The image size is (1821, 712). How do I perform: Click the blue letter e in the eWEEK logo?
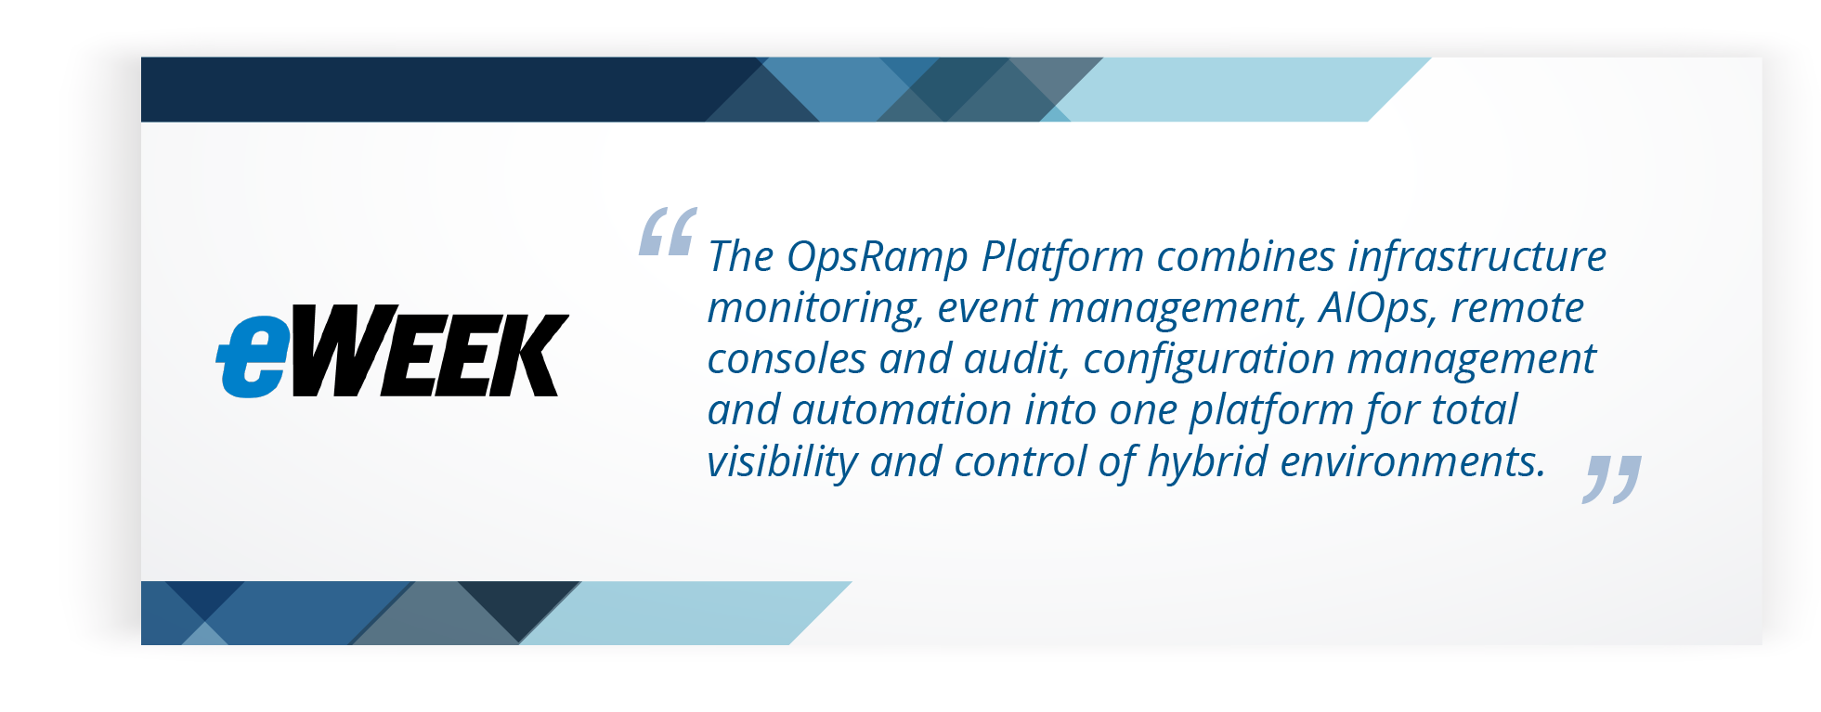click(x=253, y=357)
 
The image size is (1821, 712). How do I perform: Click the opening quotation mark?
click(x=667, y=231)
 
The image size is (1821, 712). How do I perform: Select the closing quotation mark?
click(x=1611, y=479)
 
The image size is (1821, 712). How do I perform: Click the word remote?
click(x=1517, y=308)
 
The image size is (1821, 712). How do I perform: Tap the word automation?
click(x=901, y=410)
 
